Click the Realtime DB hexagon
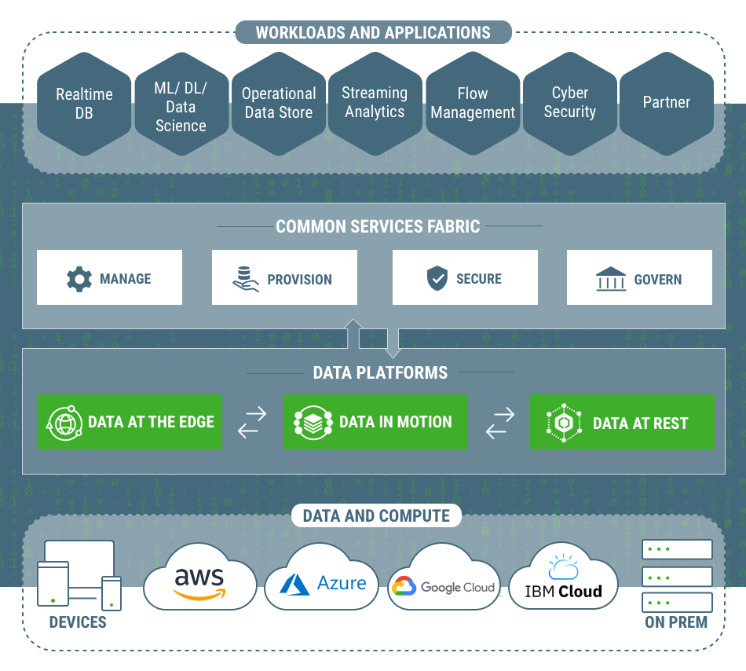[x=84, y=104]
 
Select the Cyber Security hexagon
[x=569, y=103]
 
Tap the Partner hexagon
[x=666, y=103]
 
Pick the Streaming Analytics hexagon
[x=375, y=103]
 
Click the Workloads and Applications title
[x=373, y=33]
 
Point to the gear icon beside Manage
[x=79, y=279]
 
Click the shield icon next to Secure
[x=437, y=278]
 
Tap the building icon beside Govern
[x=611, y=279]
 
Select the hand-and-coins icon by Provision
[x=245, y=279]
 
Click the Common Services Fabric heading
[x=378, y=227]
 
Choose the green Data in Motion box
[x=375, y=422]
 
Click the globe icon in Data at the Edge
[x=64, y=423]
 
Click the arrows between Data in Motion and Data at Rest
[x=499, y=422]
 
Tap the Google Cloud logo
[x=444, y=586]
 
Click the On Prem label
[x=676, y=622]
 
